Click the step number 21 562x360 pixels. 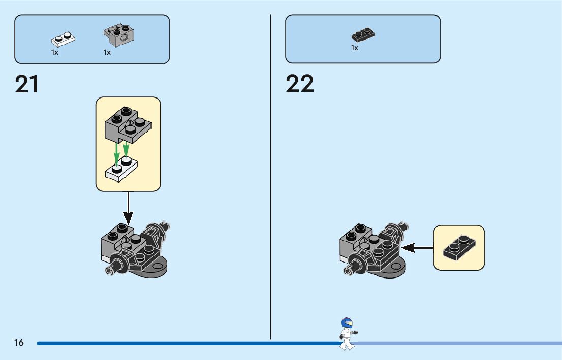pyautogui.click(x=27, y=84)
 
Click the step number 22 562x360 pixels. pyautogui.click(x=300, y=84)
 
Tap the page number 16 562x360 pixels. pyautogui.click(x=19, y=343)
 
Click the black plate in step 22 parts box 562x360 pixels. pyautogui.click(x=363, y=35)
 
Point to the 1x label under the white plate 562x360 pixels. pyautogui.click(x=55, y=52)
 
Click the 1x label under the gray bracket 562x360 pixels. pyautogui.click(x=107, y=52)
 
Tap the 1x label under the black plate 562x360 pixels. pyautogui.click(x=355, y=48)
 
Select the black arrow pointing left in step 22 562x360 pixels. pyautogui.click(x=417, y=248)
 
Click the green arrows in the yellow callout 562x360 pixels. pyautogui.click(x=121, y=149)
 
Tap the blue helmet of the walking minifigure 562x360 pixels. pyautogui.click(x=347, y=322)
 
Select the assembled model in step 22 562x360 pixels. pyautogui.click(x=372, y=249)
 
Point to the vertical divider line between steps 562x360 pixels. pyautogui.click(x=271, y=178)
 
